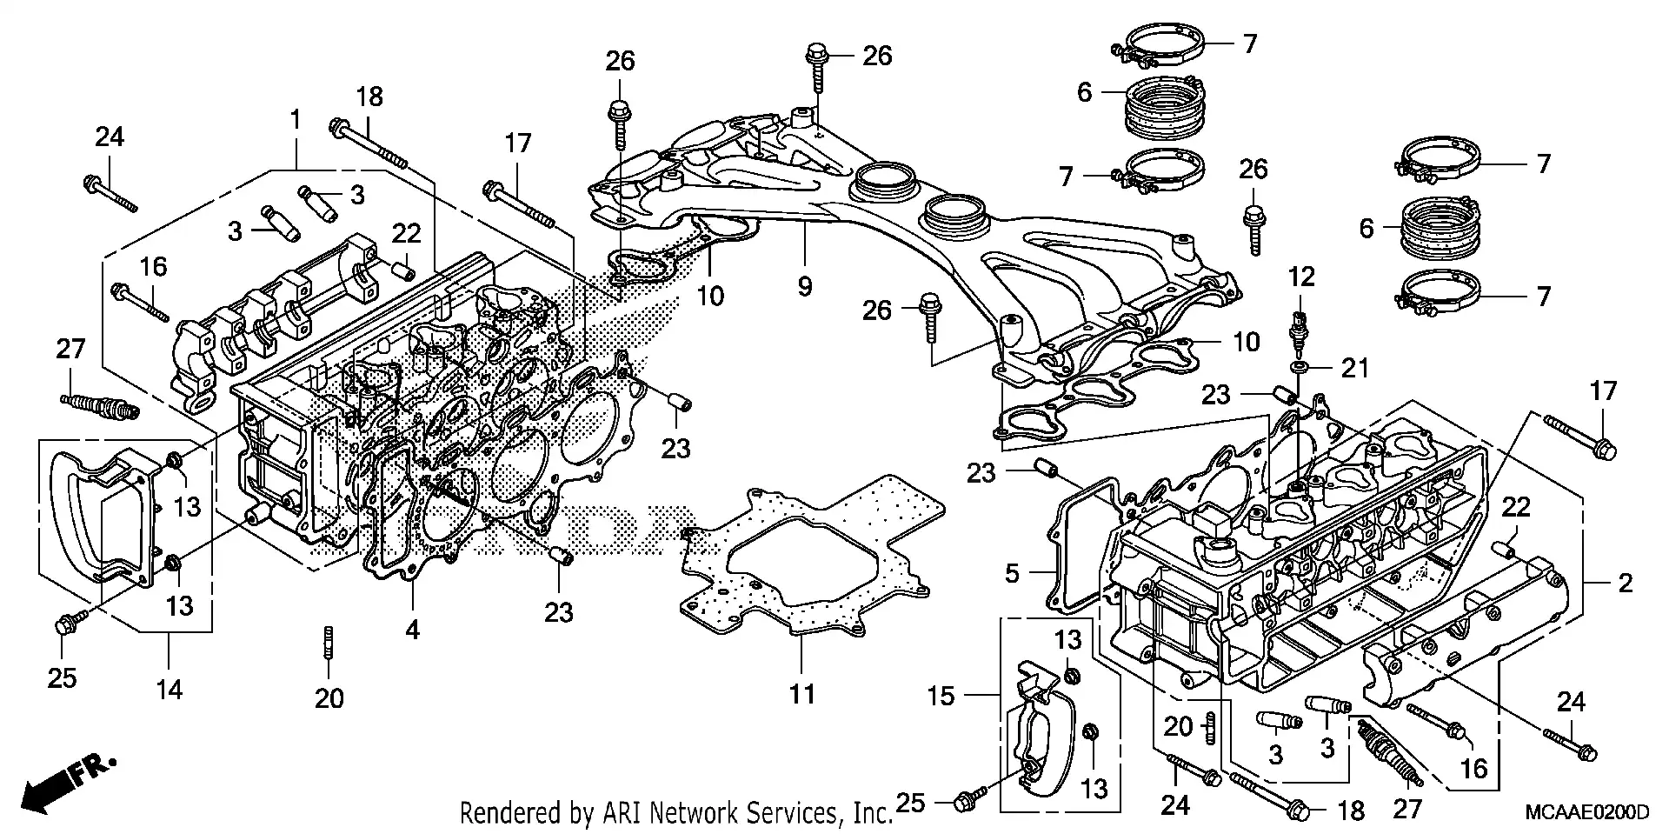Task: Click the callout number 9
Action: coord(805,285)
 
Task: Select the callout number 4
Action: coord(412,629)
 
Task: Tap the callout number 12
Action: coord(1301,277)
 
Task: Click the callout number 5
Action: coord(1012,573)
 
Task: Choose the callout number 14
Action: coord(170,690)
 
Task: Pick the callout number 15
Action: coord(940,696)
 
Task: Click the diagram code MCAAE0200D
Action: coord(1586,813)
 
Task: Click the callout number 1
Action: coord(296,119)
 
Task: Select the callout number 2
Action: coord(1625,583)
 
